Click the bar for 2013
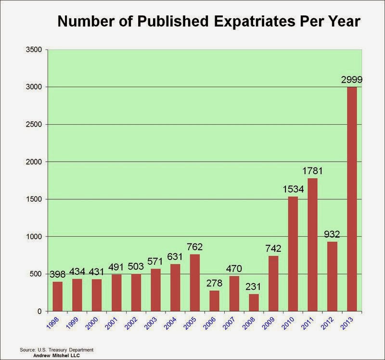(352, 199)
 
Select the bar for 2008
(254, 303)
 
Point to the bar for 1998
(58, 296)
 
